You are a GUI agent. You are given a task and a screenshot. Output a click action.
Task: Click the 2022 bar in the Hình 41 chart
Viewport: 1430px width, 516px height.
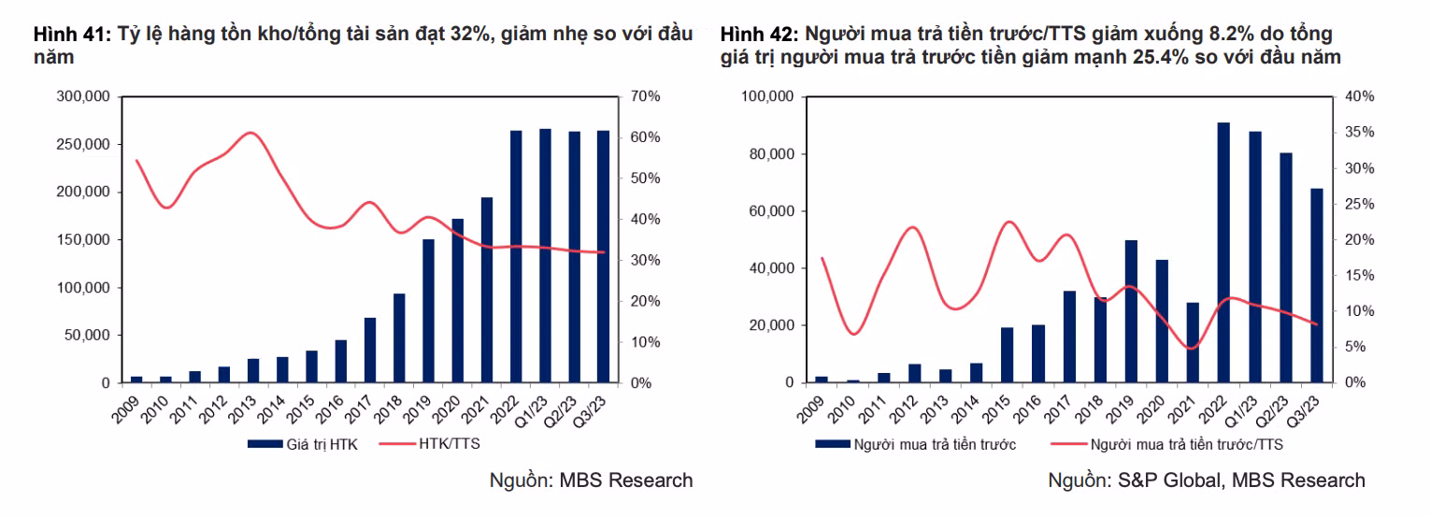pos(516,256)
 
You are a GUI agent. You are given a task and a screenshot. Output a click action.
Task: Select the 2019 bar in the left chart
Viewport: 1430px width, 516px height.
pos(429,310)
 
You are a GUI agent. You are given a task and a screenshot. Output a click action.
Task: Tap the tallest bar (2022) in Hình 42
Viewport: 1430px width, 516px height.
pos(1223,252)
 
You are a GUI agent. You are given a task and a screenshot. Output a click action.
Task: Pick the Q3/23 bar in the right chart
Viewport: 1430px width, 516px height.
pos(1317,285)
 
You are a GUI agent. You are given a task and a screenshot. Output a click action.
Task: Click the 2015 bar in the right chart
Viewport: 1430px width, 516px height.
pos(1008,354)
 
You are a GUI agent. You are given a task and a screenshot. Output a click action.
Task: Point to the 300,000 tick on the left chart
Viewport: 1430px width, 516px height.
pos(84,96)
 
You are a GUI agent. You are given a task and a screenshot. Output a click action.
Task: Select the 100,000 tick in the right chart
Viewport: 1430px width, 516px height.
pos(767,96)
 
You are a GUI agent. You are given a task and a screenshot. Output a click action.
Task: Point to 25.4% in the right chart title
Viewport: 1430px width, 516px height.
pos(1165,57)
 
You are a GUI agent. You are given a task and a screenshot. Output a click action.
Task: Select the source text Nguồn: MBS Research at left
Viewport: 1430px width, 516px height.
pos(591,480)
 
